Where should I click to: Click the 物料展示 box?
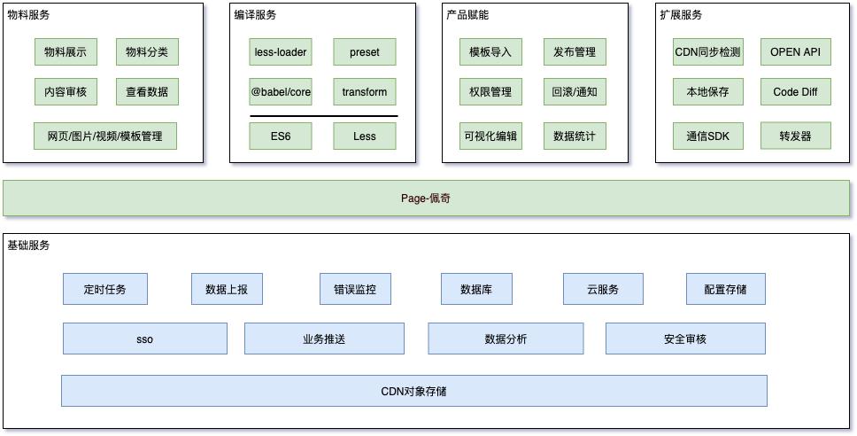66,52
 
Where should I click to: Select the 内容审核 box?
66,91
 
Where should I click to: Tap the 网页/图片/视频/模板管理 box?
105,136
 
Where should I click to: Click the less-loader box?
281,52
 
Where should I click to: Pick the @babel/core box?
281,91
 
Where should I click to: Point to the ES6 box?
281,136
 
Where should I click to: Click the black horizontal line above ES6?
323,115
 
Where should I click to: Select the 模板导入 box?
490,52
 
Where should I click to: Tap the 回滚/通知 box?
575,91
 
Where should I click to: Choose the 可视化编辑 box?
490,136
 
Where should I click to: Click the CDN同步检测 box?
707,52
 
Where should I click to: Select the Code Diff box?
795,91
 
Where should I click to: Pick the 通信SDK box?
707,136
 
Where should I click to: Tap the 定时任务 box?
104,289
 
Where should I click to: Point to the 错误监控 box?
355,289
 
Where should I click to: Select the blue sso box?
145,339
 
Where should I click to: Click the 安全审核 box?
685,339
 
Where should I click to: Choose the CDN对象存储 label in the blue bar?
413,391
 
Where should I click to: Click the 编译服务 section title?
256,15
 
